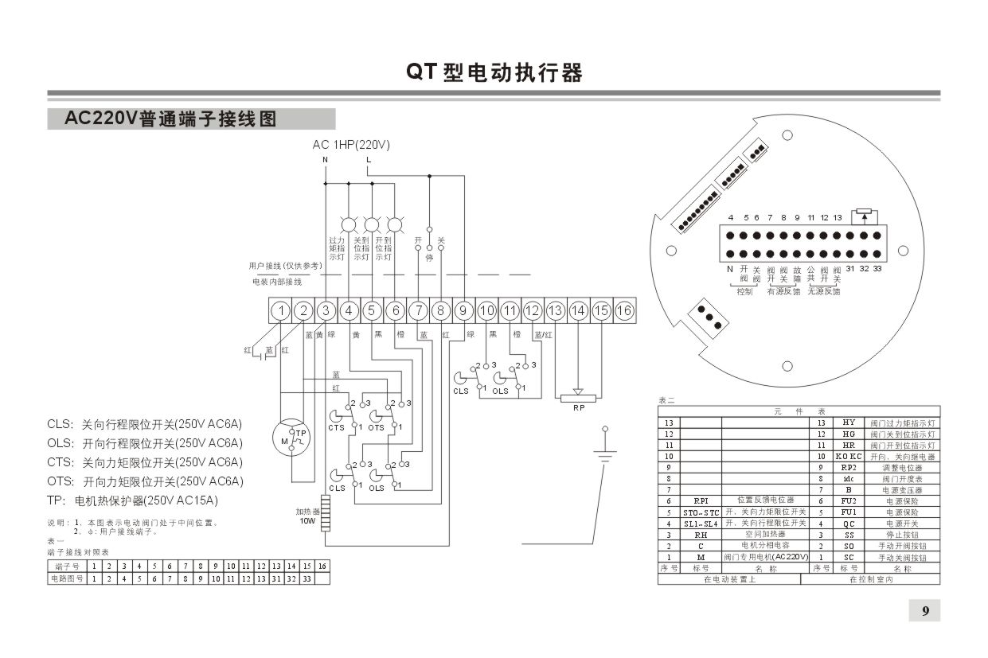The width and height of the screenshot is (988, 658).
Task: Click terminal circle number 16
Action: [x=624, y=310]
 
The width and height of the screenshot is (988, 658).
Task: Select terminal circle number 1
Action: [x=280, y=310]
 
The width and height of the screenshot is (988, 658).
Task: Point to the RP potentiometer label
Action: [x=578, y=407]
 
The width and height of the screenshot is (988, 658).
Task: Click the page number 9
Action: [x=925, y=611]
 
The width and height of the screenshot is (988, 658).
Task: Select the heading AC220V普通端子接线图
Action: [x=170, y=119]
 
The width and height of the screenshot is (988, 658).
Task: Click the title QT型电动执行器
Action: [x=494, y=73]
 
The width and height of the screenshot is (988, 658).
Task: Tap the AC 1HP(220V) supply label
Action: [x=351, y=145]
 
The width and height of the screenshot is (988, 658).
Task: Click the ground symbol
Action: [x=605, y=455]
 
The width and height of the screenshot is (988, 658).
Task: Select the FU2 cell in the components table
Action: [x=849, y=501]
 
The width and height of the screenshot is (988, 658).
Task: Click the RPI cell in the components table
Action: [x=701, y=501]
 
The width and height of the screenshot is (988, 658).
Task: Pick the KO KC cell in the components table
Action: [x=849, y=457]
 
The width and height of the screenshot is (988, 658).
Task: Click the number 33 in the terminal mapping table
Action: [x=306, y=578]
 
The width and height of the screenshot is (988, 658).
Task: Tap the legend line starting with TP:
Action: [x=132, y=500]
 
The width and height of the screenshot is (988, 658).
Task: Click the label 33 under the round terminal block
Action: [x=877, y=269]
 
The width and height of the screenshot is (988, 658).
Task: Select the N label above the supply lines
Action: [x=325, y=160]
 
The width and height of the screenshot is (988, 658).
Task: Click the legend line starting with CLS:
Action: [x=145, y=423]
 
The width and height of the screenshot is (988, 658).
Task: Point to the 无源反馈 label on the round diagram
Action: [x=824, y=292]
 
